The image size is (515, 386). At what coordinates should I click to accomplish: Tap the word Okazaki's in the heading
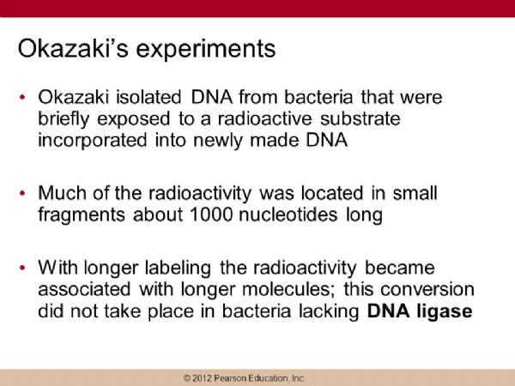click(73, 49)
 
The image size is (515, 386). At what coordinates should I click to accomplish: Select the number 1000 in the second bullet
click(211, 214)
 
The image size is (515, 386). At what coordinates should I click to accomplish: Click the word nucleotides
click(288, 214)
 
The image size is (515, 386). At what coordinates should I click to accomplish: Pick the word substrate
click(360, 118)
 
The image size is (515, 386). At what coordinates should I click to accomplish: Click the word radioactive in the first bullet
click(264, 118)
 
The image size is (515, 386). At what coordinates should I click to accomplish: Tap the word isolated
click(148, 97)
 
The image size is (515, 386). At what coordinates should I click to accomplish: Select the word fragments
click(82, 215)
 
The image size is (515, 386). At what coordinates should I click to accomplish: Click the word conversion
click(427, 290)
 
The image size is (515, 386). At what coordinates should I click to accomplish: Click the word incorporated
click(93, 141)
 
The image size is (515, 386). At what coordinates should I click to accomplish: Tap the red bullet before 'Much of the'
click(22, 193)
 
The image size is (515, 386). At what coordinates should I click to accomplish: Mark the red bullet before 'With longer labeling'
click(22, 268)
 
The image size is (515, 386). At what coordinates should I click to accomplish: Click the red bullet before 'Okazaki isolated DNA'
click(22, 97)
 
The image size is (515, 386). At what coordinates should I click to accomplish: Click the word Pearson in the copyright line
click(229, 378)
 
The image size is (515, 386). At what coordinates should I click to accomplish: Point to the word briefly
click(64, 119)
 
